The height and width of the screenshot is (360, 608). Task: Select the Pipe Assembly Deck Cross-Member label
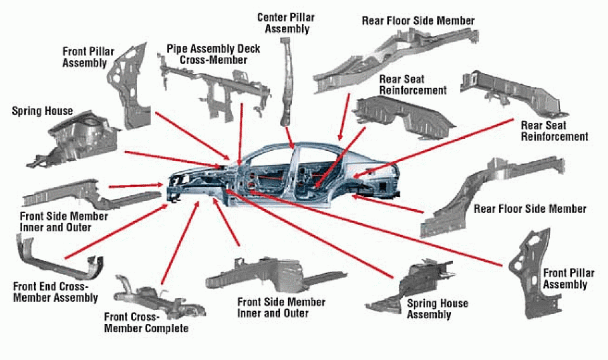coord(213,54)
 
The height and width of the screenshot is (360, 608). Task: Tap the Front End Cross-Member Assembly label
coord(56,292)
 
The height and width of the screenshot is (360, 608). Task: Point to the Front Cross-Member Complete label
coord(146,322)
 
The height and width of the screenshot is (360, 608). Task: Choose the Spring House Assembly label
coord(437,308)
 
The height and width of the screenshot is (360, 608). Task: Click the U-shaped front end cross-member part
coord(54,257)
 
